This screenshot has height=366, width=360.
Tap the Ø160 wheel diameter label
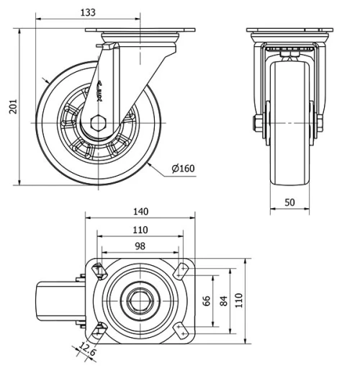183,169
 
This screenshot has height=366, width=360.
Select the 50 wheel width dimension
289,203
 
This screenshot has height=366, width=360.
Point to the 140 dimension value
140,211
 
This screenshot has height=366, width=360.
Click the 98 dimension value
140,246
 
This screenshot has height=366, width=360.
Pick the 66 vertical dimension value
207,300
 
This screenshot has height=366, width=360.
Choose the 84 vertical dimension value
223,300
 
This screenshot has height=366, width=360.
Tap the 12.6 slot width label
86,352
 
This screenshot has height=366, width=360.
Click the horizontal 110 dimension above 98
140,230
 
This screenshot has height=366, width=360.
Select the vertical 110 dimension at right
240,300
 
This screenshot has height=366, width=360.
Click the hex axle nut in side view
100,122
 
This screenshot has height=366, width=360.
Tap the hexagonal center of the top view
139,300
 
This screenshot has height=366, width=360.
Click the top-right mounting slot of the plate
180,272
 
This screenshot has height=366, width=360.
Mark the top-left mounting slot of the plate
99,272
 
